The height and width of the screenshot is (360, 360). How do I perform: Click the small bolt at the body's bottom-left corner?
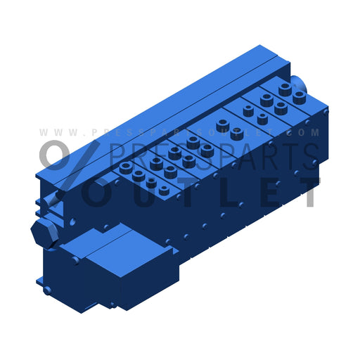coord(47,289)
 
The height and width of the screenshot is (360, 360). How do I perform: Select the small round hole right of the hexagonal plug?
coord(72,221)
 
